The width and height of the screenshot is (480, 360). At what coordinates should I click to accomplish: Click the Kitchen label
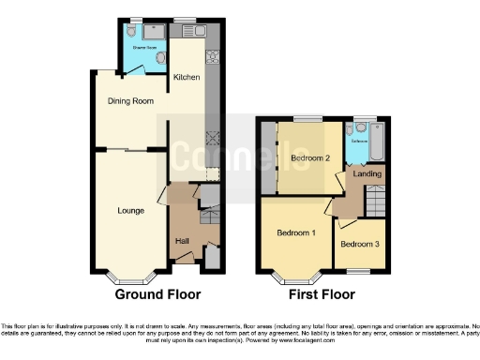pyautogui.click(x=185, y=78)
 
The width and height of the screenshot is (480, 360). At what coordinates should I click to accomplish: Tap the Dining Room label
pyautogui.click(x=128, y=101)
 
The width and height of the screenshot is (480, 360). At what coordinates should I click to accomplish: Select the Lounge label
pyautogui.click(x=130, y=210)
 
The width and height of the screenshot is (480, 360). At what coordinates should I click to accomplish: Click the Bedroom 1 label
pyautogui.click(x=294, y=232)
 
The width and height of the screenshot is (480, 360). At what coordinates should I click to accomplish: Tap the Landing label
pyautogui.click(x=366, y=173)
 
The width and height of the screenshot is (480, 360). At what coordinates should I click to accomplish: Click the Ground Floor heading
pyautogui.click(x=157, y=293)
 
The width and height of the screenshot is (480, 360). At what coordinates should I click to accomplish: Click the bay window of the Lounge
pyautogui.click(x=130, y=276)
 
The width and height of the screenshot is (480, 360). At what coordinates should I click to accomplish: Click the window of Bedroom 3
pyautogui.click(x=356, y=271)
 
